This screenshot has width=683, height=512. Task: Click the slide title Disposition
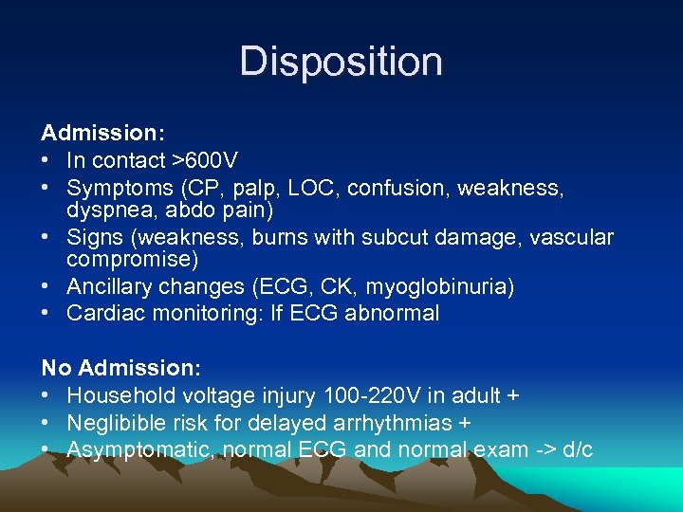tap(341, 62)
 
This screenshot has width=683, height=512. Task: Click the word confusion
tap(399, 189)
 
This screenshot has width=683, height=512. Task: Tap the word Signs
tap(94, 238)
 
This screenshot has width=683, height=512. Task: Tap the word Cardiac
tap(104, 314)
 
